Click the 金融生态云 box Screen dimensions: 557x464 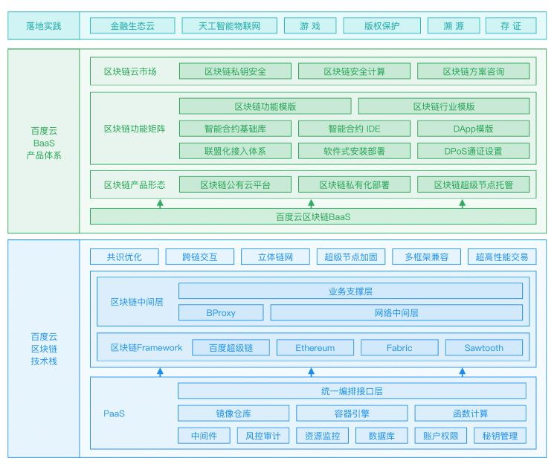coord(132,26)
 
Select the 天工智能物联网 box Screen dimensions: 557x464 coord(230,26)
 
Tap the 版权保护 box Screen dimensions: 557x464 coord(382,26)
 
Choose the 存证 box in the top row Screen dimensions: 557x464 coord(511,26)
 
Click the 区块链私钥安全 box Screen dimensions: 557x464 coord(235,71)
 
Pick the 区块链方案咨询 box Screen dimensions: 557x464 coord(473,71)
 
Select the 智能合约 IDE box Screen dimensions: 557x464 coord(354,129)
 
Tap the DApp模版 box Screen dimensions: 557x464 coord(473,129)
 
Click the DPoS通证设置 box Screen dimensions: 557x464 coord(473,151)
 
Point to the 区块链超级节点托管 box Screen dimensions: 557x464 coord(473,184)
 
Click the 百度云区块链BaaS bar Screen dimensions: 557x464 coord(313,216)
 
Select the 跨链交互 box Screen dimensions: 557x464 coord(199,257)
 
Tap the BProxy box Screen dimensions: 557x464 coord(221,312)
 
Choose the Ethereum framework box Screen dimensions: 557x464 coord(315,348)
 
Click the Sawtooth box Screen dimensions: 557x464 coord(484,348)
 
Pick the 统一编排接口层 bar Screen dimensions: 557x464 coord(352,391)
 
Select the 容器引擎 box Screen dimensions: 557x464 coord(352,413)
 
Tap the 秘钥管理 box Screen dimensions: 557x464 coord(500,436)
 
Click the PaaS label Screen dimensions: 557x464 coord(114,413)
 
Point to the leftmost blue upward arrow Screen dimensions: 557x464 coord(160,372)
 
